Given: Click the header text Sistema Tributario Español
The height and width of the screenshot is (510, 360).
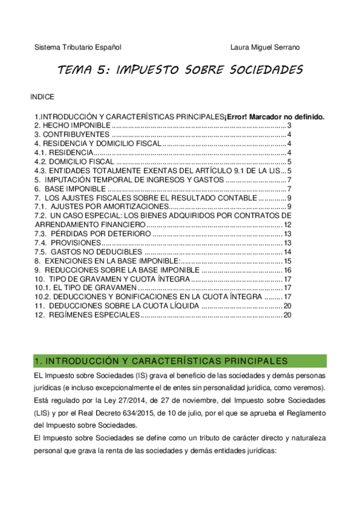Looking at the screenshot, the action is tap(78, 47).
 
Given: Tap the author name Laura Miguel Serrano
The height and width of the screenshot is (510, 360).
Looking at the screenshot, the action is tap(265, 47).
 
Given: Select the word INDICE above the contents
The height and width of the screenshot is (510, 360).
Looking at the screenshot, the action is tap(42, 96).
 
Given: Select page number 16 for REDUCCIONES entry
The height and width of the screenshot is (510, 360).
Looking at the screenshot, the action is tap(287, 271).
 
